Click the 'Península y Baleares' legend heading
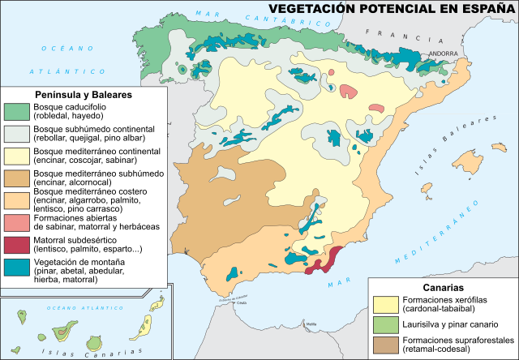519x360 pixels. [84, 95]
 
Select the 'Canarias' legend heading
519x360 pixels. [443, 287]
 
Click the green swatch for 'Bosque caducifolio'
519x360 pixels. [16, 111]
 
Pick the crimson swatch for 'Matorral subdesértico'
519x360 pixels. [16, 243]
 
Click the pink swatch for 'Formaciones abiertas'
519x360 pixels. [16, 221]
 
